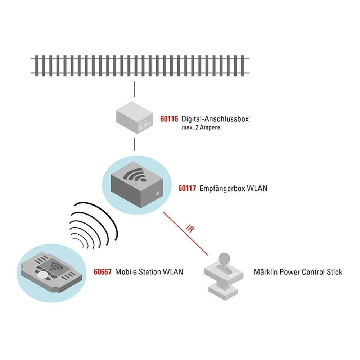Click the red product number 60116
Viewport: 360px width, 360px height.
pos(169,118)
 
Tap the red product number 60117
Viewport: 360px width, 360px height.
pos(187,188)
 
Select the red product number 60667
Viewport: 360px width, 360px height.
pos(102,272)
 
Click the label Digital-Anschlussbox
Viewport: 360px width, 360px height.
pos(215,118)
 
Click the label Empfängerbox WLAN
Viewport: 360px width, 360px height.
pos(234,188)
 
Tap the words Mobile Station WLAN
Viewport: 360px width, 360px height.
pos(149,272)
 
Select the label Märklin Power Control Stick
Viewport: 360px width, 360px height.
pos(298,272)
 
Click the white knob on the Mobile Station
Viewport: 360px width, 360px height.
pos(43,275)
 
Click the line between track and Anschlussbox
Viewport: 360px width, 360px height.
pos(135,90)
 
